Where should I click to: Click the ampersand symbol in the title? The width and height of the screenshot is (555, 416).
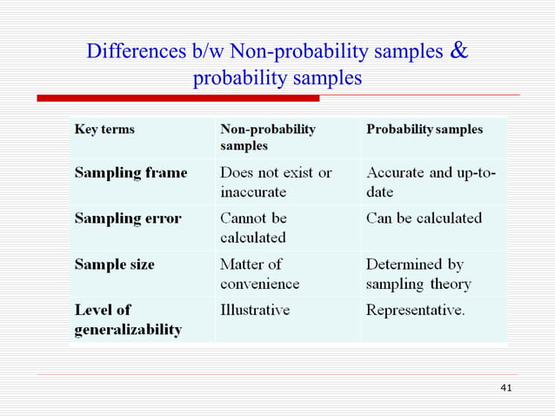pyautogui.click(x=459, y=50)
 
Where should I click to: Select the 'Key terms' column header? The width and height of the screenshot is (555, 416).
pyautogui.click(x=104, y=130)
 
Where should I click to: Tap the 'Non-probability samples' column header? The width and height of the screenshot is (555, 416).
pyautogui.click(x=268, y=138)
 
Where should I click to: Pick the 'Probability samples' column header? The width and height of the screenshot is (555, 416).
pyautogui.click(x=425, y=130)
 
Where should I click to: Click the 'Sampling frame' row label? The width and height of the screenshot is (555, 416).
pyautogui.click(x=130, y=172)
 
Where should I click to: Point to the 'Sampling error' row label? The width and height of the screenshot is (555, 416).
pyautogui.click(x=128, y=218)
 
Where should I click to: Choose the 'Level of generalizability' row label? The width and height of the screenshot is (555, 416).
pyautogui.click(x=128, y=319)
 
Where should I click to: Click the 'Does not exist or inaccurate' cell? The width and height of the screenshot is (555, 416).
pyautogui.click(x=276, y=181)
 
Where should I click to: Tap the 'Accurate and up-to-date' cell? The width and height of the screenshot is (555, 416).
pyautogui.click(x=431, y=181)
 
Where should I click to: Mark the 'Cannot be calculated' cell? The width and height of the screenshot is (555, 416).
pyautogui.click(x=253, y=227)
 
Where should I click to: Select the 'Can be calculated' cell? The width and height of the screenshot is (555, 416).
pyautogui.click(x=424, y=218)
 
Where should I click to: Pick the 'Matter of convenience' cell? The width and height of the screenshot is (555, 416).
pyautogui.click(x=259, y=273)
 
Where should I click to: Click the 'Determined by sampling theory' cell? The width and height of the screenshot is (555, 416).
pyautogui.click(x=418, y=273)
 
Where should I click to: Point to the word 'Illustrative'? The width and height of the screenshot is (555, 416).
pyautogui.click(x=255, y=310)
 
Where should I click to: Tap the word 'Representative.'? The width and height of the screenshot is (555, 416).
pyautogui.click(x=416, y=310)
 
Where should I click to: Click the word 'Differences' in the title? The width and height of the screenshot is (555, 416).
pyautogui.click(x=130, y=52)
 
